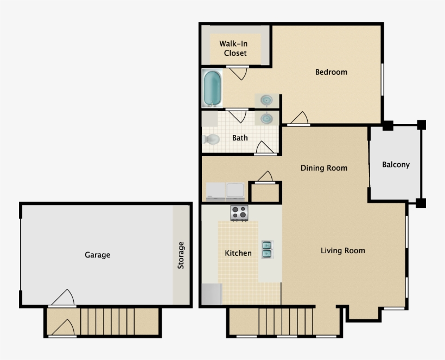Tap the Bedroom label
point(331,72)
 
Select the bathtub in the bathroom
point(212,88)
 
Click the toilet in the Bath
point(211,139)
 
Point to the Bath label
point(240,138)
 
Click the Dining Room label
point(323,168)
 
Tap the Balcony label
point(396,164)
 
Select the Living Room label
point(342,250)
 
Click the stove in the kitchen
point(239,213)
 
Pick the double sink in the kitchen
point(267,249)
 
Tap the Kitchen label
point(238,253)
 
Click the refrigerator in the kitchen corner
point(211,293)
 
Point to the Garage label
point(98,255)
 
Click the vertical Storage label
point(181,255)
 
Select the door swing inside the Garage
point(62,298)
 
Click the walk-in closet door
point(238,72)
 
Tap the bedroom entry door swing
point(299,118)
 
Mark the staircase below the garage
point(107,322)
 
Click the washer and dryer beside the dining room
point(225,191)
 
